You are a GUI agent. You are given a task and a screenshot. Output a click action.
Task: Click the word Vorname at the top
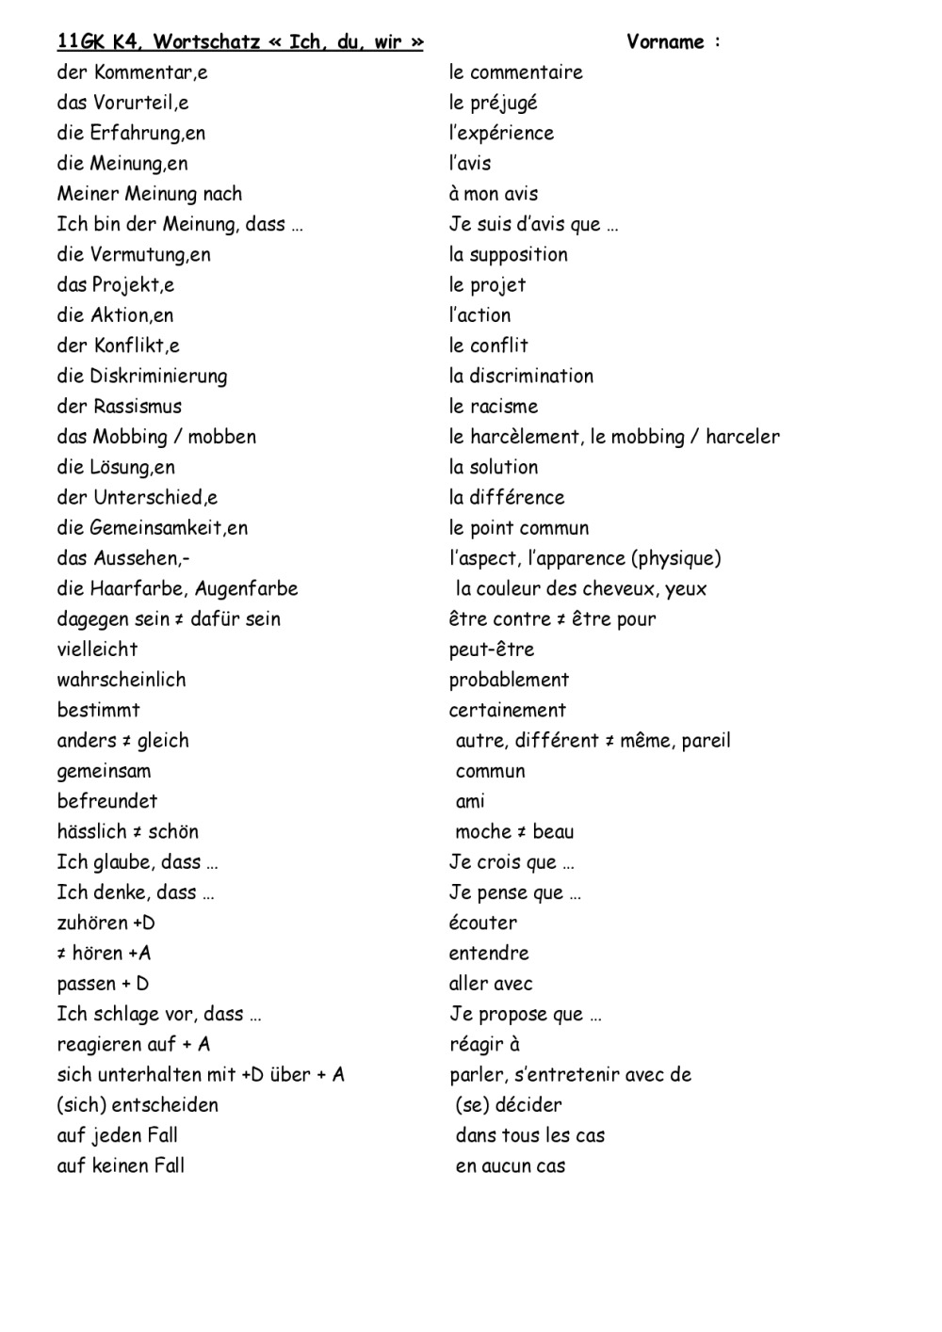(665, 41)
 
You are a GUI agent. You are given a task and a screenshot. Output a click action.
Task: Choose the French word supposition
(518, 255)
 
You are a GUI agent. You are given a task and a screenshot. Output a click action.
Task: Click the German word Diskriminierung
(158, 377)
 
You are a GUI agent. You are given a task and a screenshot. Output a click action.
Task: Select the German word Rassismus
(138, 407)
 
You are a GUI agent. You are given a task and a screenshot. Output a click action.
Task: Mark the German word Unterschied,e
(155, 498)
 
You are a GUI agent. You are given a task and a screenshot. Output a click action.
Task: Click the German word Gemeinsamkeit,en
(169, 528)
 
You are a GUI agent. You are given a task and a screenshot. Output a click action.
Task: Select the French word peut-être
(492, 650)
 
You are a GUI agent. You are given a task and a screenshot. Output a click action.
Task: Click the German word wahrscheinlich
(122, 680)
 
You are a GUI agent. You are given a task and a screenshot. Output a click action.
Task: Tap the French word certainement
(508, 711)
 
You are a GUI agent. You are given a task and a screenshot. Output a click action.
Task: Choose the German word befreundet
(107, 801)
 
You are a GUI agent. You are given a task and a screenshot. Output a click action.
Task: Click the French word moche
(482, 832)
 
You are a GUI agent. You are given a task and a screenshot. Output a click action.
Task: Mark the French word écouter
(483, 923)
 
